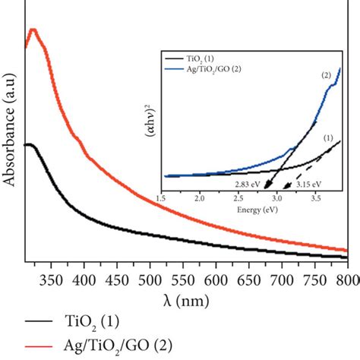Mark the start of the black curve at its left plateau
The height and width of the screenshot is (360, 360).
coord(28,144)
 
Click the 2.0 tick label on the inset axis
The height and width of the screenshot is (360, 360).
coord(201,197)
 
